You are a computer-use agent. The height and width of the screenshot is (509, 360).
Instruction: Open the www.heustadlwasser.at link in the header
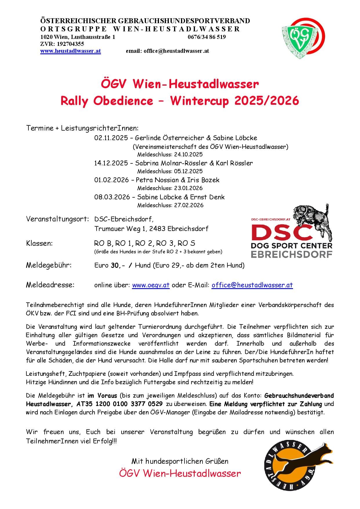coord(70,51)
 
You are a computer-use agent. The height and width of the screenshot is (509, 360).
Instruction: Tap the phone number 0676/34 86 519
coord(207,37)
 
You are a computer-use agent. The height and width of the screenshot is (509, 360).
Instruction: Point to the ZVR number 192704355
coord(70,44)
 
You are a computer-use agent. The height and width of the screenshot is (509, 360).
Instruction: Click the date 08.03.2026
coord(112,197)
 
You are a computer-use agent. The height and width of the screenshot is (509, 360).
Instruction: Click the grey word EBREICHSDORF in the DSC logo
coord(292,254)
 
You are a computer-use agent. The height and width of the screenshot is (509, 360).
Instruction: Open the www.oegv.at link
coord(151,285)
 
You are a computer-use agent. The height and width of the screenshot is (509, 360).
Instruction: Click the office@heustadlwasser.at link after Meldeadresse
coord(252,285)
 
